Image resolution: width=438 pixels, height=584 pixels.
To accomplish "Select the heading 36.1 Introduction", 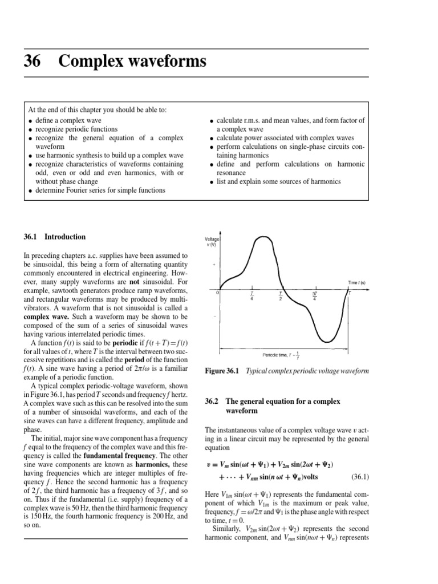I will coord(56,237).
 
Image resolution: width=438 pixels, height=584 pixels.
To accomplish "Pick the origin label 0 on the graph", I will coord(218,293).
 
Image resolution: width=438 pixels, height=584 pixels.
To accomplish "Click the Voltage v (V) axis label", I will coord(212,242).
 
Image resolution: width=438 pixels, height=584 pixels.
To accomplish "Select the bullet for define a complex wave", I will coord(29,121).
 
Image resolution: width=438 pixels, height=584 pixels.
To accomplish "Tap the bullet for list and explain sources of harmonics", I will coord(211,182).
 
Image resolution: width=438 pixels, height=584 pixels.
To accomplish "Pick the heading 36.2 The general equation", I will coord(258,406).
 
